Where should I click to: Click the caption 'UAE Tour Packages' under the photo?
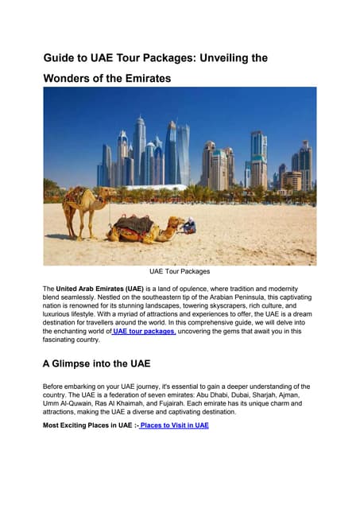(x=180, y=271)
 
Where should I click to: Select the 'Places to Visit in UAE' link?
(x=174, y=425)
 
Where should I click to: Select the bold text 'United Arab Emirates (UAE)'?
(x=99, y=289)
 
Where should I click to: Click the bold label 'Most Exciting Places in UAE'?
(x=88, y=425)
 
